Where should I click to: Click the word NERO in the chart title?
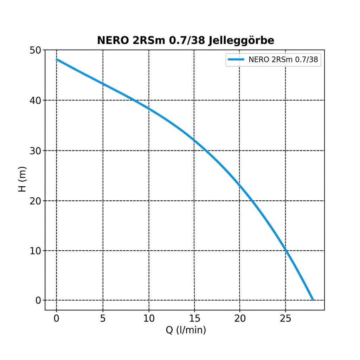click(x=110, y=41)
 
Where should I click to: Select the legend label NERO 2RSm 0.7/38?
click(x=283, y=60)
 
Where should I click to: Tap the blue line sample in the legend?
click(x=236, y=60)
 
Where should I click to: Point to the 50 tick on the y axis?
click(x=36, y=51)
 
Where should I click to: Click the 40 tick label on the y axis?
click(x=36, y=101)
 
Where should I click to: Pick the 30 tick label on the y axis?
click(x=36, y=151)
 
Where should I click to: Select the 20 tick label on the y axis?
click(x=36, y=201)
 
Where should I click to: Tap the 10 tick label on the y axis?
click(x=36, y=251)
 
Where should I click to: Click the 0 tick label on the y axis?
click(x=38, y=301)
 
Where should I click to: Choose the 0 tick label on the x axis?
click(x=57, y=319)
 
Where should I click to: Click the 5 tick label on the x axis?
click(x=103, y=319)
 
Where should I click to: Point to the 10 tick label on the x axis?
click(x=149, y=319)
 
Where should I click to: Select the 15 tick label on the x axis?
click(x=194, y=319)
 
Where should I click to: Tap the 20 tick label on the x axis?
click(x=240, y=319)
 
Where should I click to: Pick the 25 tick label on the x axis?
click(x=285, y=319)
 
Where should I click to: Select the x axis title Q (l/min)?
click(x=186, y=330)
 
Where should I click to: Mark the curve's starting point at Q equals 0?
click(x=57, y=59)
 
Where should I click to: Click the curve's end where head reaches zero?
click(x=313, y=300)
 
